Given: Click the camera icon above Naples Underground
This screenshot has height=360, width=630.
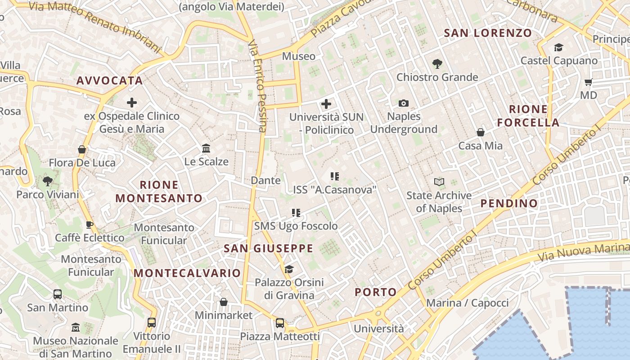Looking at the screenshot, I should pyautogui.click(x=404, y=103).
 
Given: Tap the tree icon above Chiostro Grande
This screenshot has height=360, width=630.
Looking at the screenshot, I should pyautogui.click(x=437, y=64).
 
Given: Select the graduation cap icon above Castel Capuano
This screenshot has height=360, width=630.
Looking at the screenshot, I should pyautogui.click(x=558, y=47).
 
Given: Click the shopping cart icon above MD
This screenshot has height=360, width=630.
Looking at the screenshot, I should pyautogui.click(x=588, y=82).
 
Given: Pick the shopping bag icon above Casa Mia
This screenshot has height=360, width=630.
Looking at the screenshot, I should pyautogui.click(x=481, y=132).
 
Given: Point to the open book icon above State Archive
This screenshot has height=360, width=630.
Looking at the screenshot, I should pyautogui.click(x=439, y=182).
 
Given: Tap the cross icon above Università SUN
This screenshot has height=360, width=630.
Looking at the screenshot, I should pyautogui.click(x=326, y=104).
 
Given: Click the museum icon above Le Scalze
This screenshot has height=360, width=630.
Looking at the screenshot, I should pyautogui.click(x=206, y=148).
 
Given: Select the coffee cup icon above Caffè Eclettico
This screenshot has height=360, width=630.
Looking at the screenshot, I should pyautogui.click(x=90, y=225).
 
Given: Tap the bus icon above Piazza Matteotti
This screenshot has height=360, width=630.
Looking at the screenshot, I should pyautogui.click(x=280, y=323).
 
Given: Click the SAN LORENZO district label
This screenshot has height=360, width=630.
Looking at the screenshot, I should pyautogui.click(x=488, y=33).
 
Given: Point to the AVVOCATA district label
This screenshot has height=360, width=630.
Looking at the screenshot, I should pyautogui.click(x=109, y=81).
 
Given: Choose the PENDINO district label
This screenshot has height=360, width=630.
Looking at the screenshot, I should pyautogui.click(x=509, y=203).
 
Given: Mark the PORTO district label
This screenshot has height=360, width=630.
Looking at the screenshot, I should pyautogui.click(x=376, y=292).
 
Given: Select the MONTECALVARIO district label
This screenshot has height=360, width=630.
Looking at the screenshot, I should pyautogui.click(x=187, y=273).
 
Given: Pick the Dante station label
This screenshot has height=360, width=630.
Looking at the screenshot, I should pyautogui.click(x=265, y=180).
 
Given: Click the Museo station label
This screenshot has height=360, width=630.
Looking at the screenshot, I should pyautogui.click(x=299, y=56).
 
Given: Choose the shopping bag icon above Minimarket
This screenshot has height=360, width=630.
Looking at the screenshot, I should pyautogui.click(x=224, y=302).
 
